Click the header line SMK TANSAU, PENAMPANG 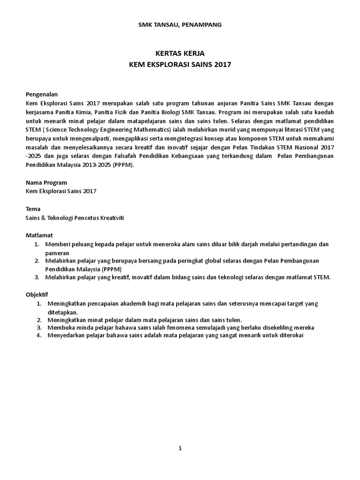[x=180, y=24]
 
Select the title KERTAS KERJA [x=180, y=54]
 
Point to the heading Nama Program [x=46, y=182]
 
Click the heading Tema [x=33, y=209]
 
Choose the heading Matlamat [x=39, y=235]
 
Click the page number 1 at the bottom [x=180, y=448]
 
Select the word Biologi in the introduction [x=167, y=112]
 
